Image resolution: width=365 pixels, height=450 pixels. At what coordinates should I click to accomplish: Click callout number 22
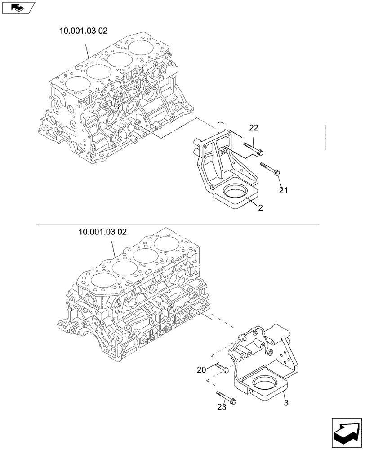(x=254, y=128)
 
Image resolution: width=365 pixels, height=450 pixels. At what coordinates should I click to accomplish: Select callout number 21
(x=283, y=190)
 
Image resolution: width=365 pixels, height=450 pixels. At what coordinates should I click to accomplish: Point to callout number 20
(x=201, y=370)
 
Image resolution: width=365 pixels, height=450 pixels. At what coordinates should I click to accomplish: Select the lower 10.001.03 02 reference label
(x=102, y=232)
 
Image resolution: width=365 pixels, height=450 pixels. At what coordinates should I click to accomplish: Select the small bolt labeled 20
(x=221, y=368)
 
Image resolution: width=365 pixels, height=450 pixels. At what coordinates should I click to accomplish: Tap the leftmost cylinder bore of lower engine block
(x=103, y=284)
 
